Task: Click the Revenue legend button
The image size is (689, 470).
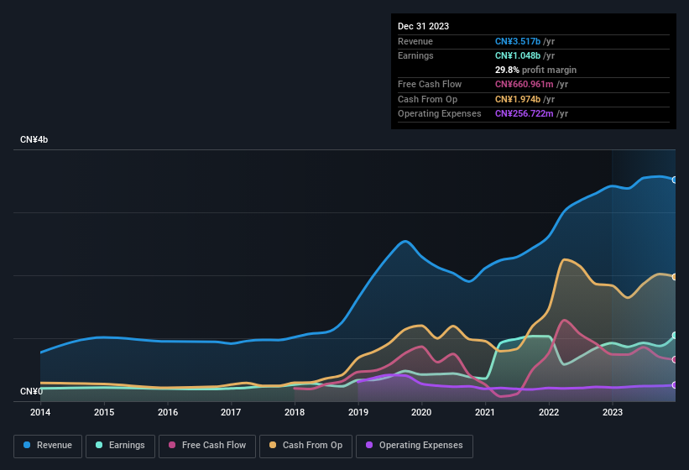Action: [49, 446]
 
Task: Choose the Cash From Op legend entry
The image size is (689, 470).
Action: [305, 446]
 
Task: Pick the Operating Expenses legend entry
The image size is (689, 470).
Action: [415, 446]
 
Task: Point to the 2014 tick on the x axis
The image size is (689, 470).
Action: [40, 412]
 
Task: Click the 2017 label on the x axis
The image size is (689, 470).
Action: [231, 412]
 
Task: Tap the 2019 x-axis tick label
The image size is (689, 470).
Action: [358, 412]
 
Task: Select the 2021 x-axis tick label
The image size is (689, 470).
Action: [485, 412]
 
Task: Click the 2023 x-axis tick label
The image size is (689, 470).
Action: [612, 412]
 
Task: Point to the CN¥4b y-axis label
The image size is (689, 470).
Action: [34, 139]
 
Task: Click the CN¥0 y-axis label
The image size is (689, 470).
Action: [31, 391]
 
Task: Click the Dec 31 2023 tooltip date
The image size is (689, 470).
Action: [423, 26]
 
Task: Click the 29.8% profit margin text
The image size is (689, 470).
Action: [535, 70]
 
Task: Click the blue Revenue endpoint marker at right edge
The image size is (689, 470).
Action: [675, 180]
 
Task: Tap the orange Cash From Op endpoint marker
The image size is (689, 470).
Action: [675, 276]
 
